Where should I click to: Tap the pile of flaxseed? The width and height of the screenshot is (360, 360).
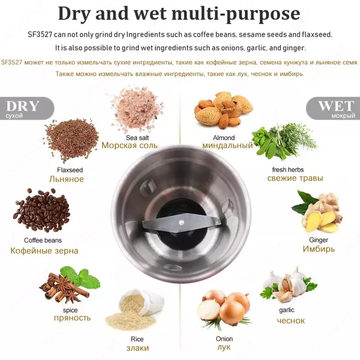pyautogui.click(x=72, y=139)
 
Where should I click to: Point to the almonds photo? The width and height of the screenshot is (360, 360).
pyautogui.click(x=223, y=110)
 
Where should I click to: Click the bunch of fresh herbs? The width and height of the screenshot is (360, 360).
pyautogui.click(x=284, y=141)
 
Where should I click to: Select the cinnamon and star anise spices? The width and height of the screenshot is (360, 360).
pyautogui.click(x=69, y=285)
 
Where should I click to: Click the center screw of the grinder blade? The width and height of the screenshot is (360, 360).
pyautogui.click(x=182, y=222)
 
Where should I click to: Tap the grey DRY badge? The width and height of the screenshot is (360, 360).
pyautogui.click(x=27, y=108)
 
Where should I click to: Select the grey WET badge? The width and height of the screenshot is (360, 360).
pyautogui.click(x=333, y=108)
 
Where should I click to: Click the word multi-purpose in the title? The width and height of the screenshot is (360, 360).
pyautogui.click(x=236, y=14)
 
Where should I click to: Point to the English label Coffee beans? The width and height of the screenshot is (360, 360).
pyautogui.click(x=43, y=240)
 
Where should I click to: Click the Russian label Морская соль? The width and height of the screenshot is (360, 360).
pyautogui.click(x=130, y=145)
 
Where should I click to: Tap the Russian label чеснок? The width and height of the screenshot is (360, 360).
pyautogui.click(x=291, y=320)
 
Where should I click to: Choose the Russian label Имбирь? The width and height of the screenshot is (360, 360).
pyautogui.click(x=319, y=249)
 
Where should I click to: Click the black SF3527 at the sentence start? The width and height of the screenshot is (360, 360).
pyautogui.click(x=40, y=35)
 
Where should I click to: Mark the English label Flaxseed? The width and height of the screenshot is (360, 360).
pyautogui.click(x=70, y=170)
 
